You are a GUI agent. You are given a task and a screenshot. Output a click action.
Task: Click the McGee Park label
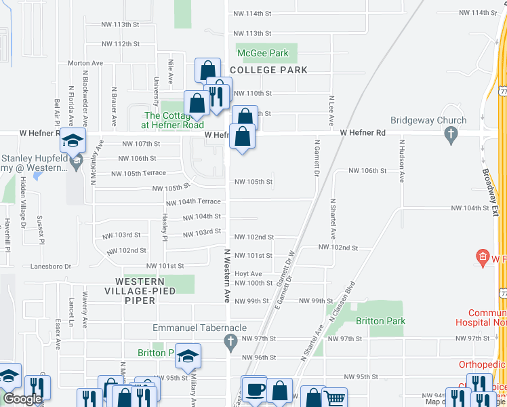262,53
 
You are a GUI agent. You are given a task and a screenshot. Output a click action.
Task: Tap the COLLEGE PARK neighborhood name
268,70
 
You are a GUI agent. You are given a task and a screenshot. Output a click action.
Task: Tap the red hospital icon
482,258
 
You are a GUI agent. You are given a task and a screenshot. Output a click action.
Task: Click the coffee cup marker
254,390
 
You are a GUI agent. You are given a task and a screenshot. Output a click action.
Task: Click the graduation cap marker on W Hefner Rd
73,140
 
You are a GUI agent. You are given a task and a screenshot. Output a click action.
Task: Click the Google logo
22,400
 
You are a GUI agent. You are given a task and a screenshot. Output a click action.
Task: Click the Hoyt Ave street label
248,274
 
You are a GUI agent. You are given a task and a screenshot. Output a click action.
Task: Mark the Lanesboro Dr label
51,267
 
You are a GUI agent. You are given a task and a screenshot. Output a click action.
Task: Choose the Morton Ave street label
85,63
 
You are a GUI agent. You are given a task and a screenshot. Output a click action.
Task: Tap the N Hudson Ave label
402,161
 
